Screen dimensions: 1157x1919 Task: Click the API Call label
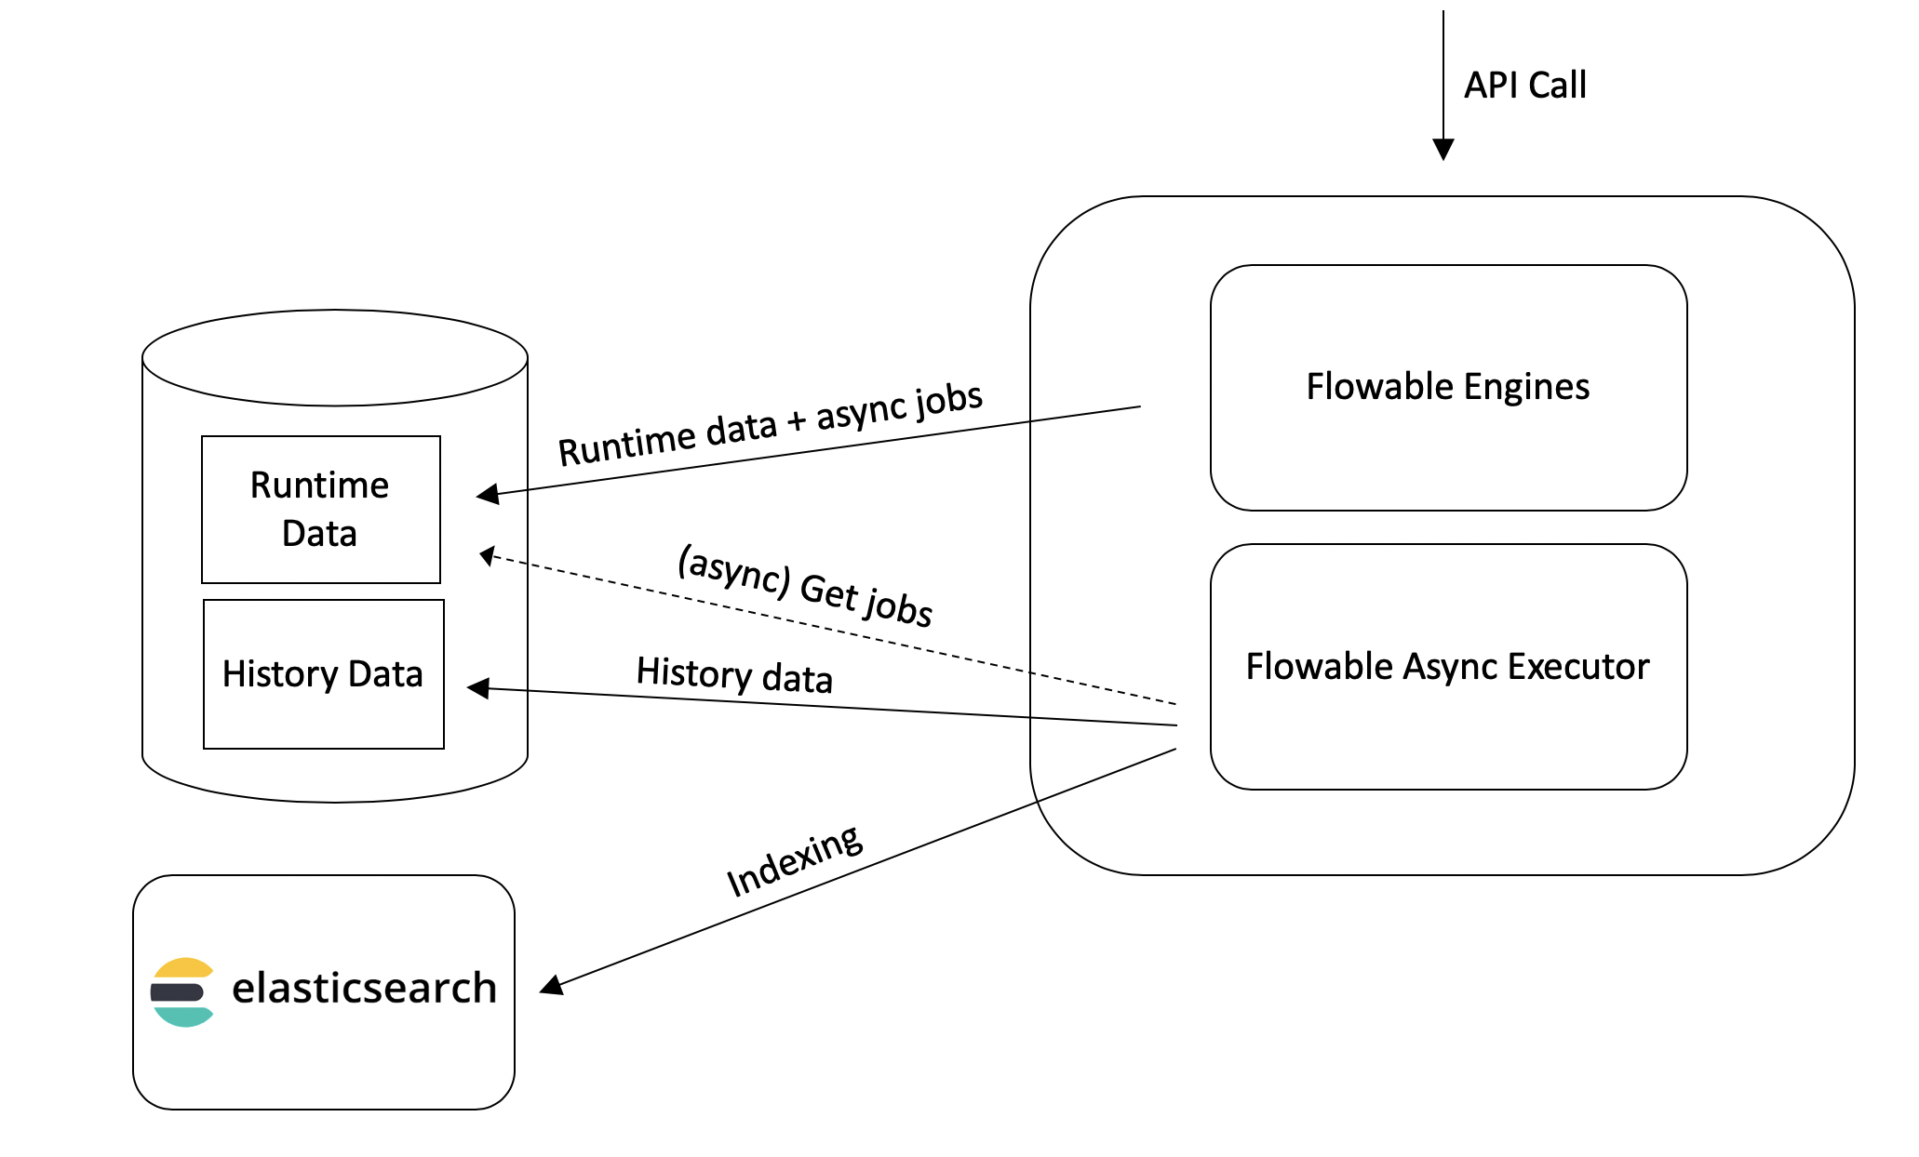tap(1524, 86)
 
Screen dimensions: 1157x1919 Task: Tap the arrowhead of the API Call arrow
tap(1443, 150)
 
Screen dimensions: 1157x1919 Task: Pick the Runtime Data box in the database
tap(320, 509)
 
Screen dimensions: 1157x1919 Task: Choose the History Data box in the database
tap(323, 674)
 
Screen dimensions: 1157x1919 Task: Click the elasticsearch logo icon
tap(182, 991)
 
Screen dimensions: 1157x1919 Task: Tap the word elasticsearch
tap(364, 988)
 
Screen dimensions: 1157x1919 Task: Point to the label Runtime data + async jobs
tap(770, 425)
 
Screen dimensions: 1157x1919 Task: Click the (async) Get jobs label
tap(805, 585)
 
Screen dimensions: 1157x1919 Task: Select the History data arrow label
tap(734, 675)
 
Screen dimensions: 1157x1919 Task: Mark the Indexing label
tap(794, 861)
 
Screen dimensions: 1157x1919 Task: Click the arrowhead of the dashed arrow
tap(487, 556)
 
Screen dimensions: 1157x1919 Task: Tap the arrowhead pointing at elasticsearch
tap(550, 986)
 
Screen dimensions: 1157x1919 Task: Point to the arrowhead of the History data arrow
tap(476, 688)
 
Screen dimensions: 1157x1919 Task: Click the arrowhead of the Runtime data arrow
tap(487, 494)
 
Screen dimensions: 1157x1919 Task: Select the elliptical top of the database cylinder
tap(335, 357)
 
